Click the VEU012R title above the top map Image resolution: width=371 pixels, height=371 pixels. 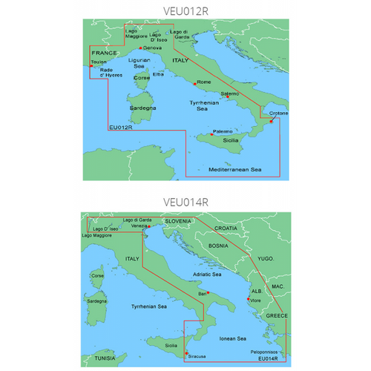click(x=185, y=11)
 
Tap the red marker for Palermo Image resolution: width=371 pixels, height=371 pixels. click(x=211, y=134)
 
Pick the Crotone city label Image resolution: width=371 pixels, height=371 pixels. click(x=278, y=113)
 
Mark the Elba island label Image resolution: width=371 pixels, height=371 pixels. click(x=158, y=74)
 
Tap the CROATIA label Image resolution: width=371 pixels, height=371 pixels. click(x=226, y=228)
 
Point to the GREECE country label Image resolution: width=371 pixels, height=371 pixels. click(x=275, y=315)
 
